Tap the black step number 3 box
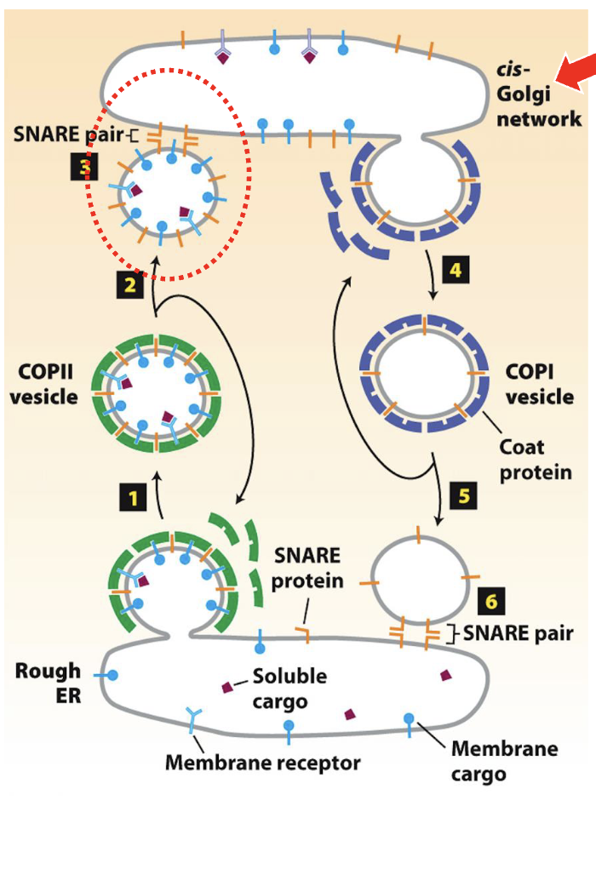tap(83, 167)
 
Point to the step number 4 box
tap(456, 271)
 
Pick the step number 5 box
tap(464, 495)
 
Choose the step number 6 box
tap(491, 602)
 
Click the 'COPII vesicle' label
tap(43, 384)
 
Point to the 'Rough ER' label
tap(48, 683)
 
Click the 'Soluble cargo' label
tap(289, 688)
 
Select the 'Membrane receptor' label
tap(262, 762)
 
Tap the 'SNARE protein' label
tap(307, 569)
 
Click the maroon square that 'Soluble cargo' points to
tap(228, 687)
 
